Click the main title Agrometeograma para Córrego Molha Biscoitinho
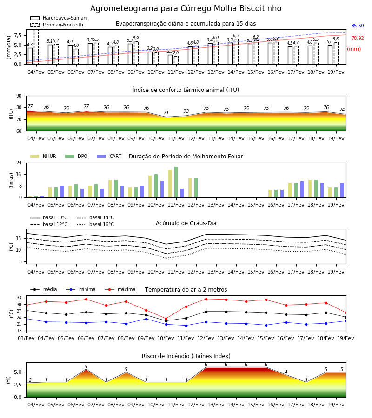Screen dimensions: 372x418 tap(186, 8)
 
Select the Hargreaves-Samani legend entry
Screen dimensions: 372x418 tap(59, 18)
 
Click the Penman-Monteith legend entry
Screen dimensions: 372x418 tap(57, 25)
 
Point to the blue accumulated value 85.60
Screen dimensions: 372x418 tap(358, 26)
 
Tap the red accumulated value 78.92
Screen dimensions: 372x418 tap(358, 38)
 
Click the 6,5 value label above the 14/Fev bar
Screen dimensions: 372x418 tap(236, 36)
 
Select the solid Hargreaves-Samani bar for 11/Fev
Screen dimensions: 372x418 tap(170, 59)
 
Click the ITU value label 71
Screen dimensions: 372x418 tap(166, 112)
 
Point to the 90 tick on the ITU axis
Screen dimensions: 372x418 tap(19, 96)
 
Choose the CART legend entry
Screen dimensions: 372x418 tap(109, 156)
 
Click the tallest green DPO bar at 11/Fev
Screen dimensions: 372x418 tap(176, 182)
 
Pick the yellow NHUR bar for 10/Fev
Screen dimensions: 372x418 tap(150, 187)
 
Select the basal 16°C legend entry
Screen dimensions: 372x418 tap(95, 224)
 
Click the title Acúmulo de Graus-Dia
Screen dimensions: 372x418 tap(186, 223)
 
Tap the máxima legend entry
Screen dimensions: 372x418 tap(120, 289)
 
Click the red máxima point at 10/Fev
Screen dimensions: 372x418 tap(166, 319)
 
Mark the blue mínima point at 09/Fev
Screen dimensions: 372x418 tap(146, 319)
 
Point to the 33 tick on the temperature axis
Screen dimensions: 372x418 tap(19, 298)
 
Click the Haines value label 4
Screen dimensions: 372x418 tap(286, 372)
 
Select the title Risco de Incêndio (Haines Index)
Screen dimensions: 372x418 tap(186, 356)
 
